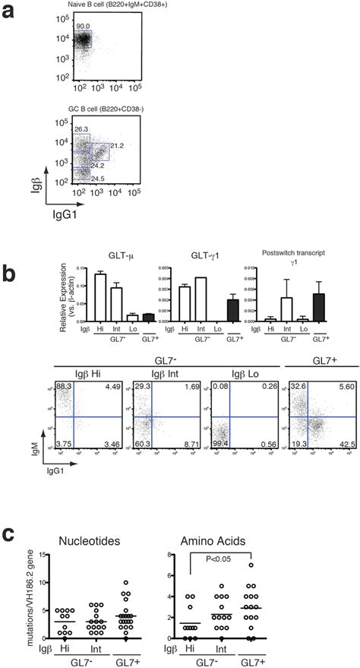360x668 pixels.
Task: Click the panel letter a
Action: point(11,11)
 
